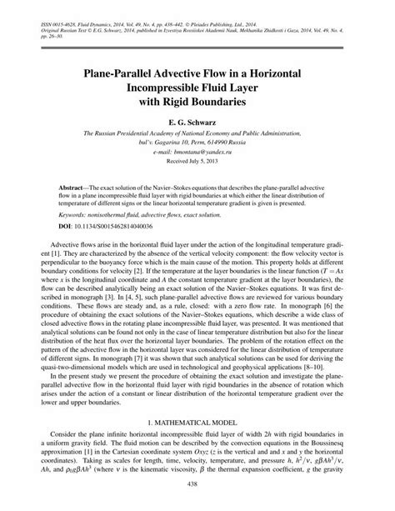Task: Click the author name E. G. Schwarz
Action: coord(197,121)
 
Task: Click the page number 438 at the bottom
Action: coord(197,484)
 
